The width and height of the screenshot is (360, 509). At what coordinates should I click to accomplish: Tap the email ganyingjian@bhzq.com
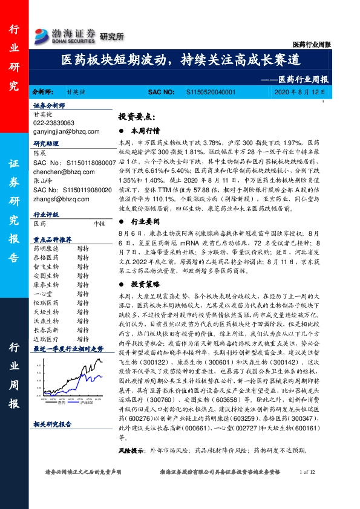(x=61, y=131)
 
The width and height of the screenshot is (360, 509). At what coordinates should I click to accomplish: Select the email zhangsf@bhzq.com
(x=57, y=198)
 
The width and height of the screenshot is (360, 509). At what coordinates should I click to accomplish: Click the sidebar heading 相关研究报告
(x=52, y=425)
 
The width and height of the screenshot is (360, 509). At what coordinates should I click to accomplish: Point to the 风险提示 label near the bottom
(x=133, y=451)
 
